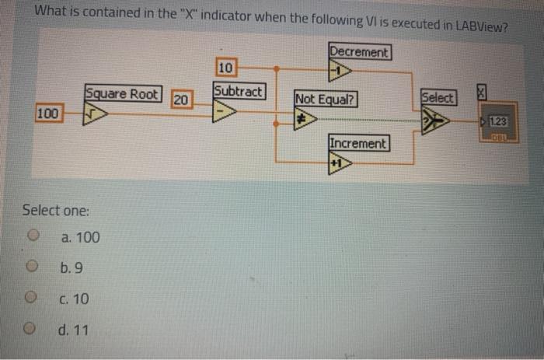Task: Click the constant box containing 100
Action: (48, 114)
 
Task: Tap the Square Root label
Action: (122, 95)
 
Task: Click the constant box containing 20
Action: (181, 100)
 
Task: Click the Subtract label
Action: (239, 91)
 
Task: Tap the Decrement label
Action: (359, 52)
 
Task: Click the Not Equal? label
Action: (326, 100)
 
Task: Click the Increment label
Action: (357, 144)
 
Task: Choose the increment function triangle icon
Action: (340, 163)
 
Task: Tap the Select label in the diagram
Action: (438, 98)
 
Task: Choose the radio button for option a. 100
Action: (33, 236)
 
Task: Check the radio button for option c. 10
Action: (33, 299)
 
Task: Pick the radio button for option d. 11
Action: (33, 330)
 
